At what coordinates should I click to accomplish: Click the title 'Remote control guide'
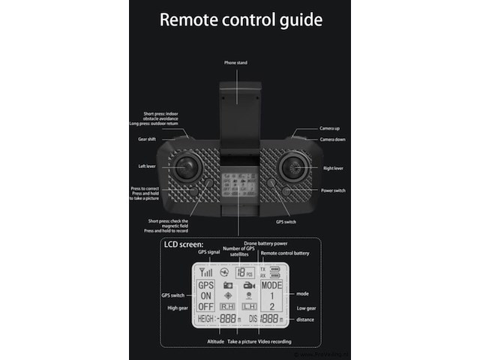(241, 19)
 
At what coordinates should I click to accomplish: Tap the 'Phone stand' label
(236, 62)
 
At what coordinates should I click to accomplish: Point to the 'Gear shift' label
(148, 139)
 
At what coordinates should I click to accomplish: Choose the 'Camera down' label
(332, 139)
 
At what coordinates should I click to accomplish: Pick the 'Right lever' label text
(332, 168)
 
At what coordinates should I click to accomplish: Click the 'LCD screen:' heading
(183, 245)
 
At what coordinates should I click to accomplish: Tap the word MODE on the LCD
(271, 286)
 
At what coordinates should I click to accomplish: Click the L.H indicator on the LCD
(250, 307)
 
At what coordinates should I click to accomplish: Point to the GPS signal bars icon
(205, 272)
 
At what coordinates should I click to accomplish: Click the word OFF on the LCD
(205, 307)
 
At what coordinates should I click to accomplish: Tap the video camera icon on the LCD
(249, 286)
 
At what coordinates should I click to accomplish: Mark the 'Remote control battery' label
(285, 253)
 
